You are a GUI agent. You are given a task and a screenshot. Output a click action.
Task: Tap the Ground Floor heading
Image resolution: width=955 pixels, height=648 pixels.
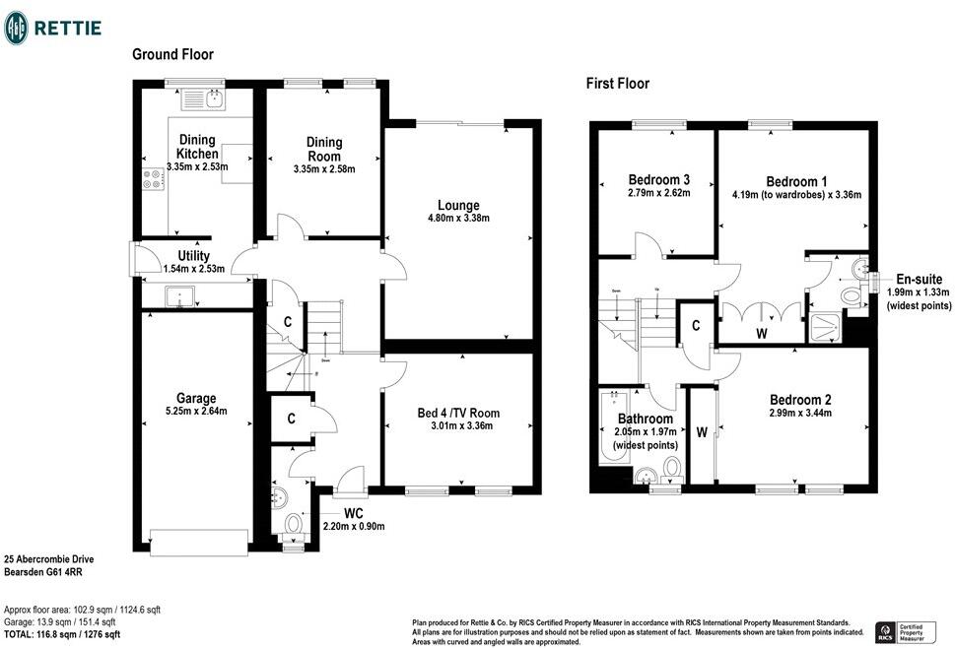(x=172, y=54)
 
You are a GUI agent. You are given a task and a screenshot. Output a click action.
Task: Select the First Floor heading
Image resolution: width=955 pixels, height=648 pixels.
(x=617, y=84)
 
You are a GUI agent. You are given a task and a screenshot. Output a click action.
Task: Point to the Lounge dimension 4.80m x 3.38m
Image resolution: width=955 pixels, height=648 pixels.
(x=457, y=219)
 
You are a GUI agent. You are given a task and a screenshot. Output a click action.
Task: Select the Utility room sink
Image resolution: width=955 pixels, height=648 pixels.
(x=179, y=294)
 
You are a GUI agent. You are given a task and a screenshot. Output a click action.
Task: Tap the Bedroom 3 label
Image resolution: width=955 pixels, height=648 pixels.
(x=658, y=179)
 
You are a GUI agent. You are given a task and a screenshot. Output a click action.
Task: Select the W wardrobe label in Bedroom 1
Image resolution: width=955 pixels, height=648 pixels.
(x=761, y=334)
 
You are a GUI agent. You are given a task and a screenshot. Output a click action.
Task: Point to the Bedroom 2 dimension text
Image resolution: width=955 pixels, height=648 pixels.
(x=800, y=414)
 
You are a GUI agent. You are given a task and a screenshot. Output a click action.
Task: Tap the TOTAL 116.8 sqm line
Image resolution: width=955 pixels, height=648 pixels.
(x=62, y=635)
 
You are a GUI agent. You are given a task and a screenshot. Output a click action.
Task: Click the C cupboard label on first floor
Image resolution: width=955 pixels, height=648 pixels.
(x=696, y=325)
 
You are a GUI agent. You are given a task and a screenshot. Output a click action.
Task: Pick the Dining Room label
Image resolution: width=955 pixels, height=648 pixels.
(x=323, y=150)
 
